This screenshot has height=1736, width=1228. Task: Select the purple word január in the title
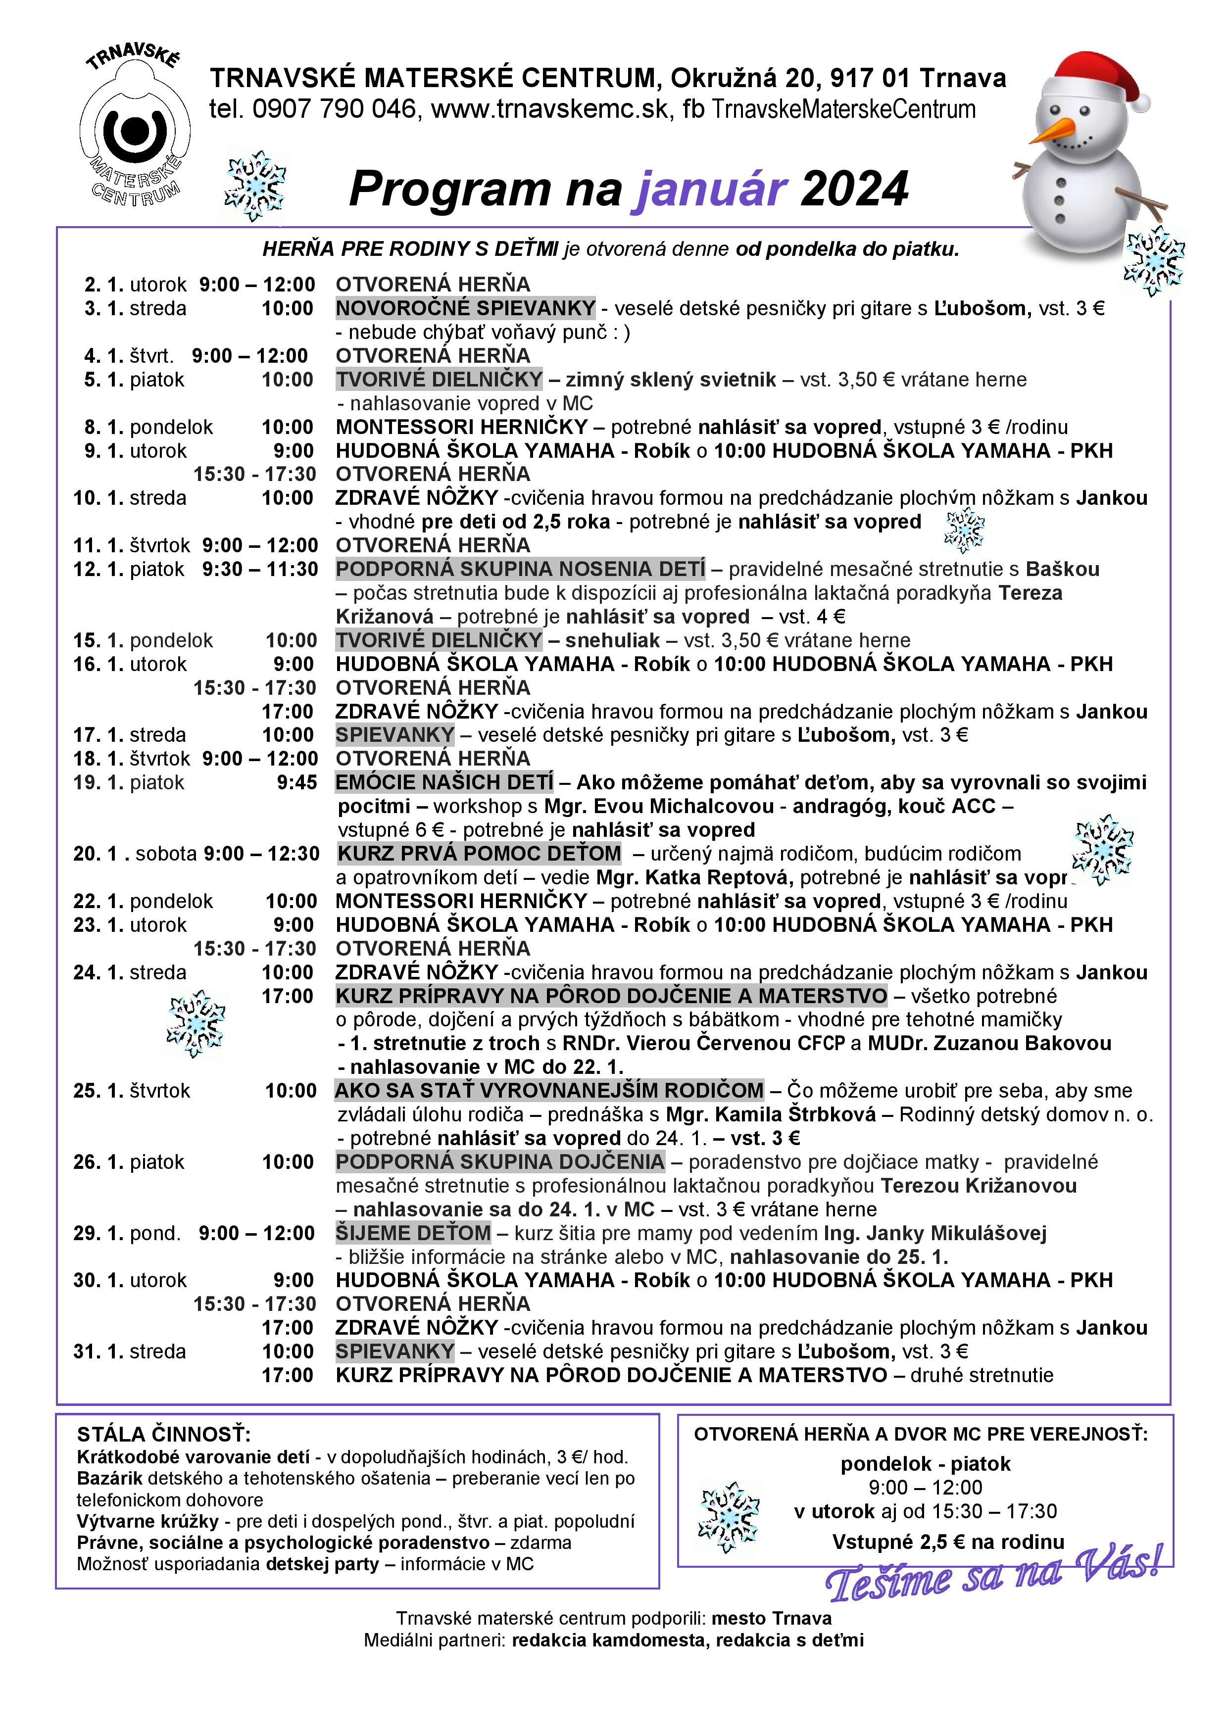pos(711,189)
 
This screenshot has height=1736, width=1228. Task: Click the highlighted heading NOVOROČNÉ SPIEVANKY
pos(466,308)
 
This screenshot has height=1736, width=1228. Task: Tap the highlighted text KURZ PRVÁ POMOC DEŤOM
pos(479,854)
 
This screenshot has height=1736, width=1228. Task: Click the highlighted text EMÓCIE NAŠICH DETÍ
pos(444,782)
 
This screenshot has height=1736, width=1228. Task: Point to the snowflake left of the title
pos(255,185)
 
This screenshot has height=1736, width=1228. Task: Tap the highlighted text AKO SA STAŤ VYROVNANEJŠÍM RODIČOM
pos(549,1090)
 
